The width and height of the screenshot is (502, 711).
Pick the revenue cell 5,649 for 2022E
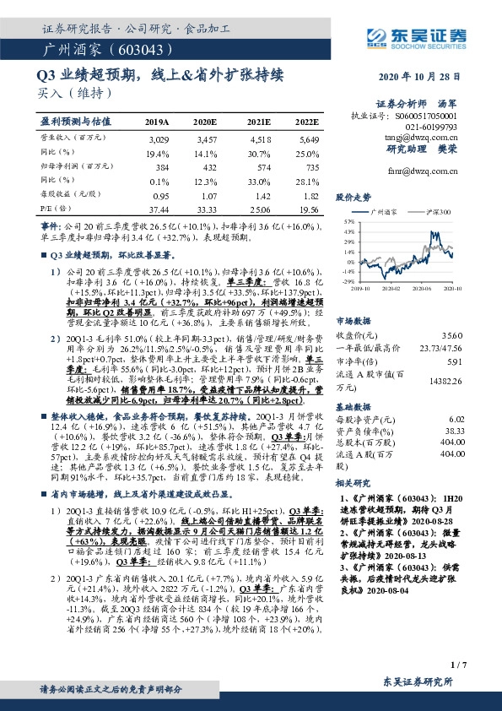(309, 138)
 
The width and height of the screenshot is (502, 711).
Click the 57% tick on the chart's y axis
(348, 221)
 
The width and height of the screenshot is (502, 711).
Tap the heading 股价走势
(354, 197)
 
